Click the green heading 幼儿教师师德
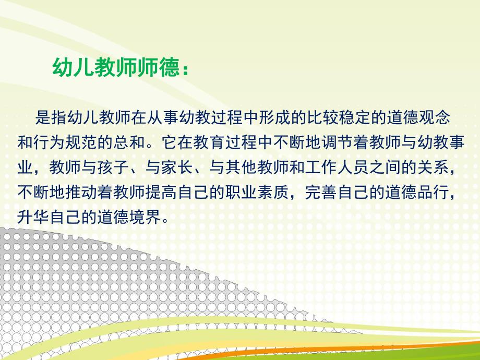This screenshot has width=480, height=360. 115,67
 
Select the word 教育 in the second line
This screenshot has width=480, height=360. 208,142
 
